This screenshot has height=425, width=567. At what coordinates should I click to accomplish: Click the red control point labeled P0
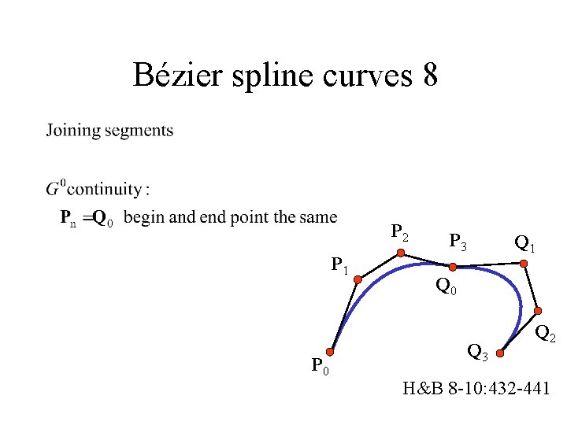click(332, 353)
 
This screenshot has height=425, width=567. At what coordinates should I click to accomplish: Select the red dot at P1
click(356, 278)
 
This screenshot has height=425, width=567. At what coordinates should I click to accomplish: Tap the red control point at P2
click(401, 253)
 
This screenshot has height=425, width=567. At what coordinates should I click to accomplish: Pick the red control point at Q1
click(521, 264)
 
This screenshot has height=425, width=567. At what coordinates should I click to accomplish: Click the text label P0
click(320, 366)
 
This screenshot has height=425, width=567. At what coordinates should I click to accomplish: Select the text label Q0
click(447, 287)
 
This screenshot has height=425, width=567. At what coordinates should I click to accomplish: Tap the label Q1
click(525, 242)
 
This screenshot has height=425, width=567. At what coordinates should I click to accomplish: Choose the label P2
click(400, 234)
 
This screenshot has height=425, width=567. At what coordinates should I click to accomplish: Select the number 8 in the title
click(429, 76)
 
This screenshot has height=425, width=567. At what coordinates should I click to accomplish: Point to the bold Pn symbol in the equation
click(69, 218)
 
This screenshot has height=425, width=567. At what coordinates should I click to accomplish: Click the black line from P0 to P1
click(344, 316)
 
